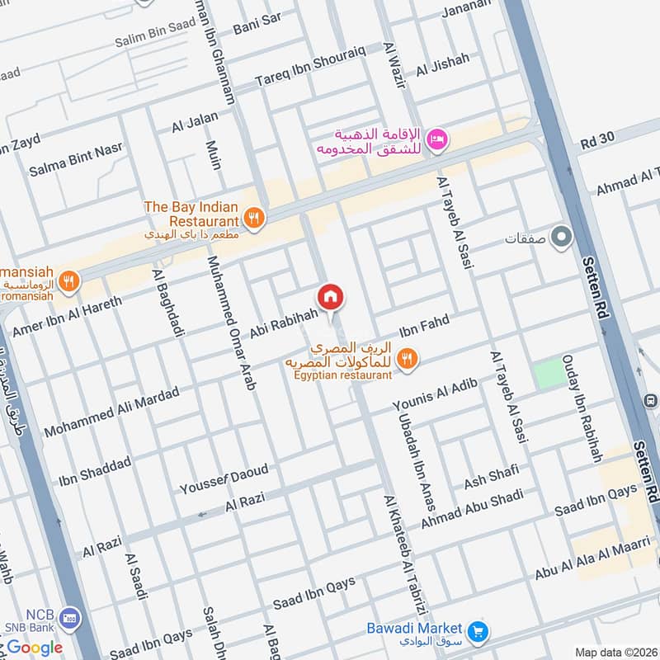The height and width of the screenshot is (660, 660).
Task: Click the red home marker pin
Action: (x=330, y=297)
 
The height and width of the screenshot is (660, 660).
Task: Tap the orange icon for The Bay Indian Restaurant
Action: (x=253, y=219)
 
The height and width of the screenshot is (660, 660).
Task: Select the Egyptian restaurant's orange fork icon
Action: (x=406, y=359)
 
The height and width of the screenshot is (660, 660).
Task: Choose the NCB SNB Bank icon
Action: (x=71, y=618)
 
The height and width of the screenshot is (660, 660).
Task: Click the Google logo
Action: (x=35, y=647)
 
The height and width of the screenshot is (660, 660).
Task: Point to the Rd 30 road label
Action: (x=598, y=141)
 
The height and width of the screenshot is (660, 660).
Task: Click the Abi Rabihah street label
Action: (x=284, y=322)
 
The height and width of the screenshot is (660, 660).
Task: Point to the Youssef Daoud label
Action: (x=224, y=479)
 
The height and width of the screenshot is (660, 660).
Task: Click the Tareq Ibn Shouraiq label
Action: (x=299, y=72)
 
